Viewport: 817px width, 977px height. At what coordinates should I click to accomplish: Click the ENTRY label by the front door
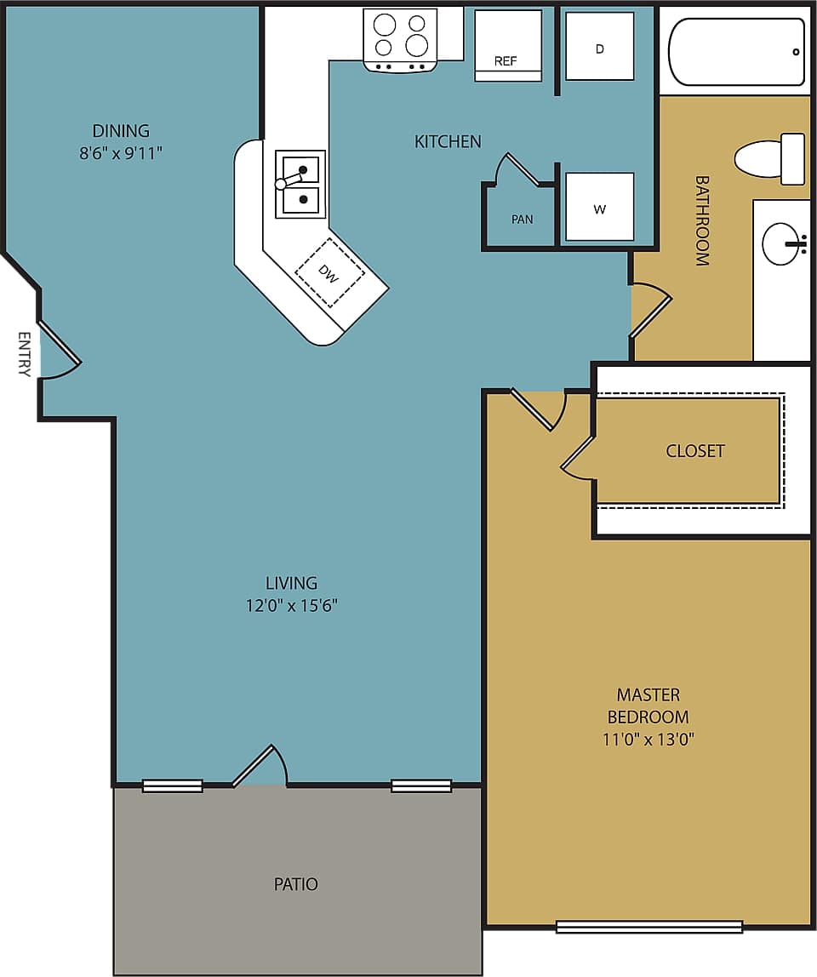pos(24,354)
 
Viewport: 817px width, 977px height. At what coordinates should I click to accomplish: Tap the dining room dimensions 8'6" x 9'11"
pos(120,154)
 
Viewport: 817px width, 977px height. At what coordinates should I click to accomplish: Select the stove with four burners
pos(400,39)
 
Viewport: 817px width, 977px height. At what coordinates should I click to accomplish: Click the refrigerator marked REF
pos(507,45)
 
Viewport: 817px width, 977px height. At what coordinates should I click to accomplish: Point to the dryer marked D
pos(599,47)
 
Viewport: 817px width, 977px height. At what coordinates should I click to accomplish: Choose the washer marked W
pos(599,207)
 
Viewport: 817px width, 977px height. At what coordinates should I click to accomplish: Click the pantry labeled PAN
pos(522,218)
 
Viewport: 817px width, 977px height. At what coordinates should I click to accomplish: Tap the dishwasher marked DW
pos(330,272)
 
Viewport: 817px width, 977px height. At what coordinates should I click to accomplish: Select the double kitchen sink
pos(300,184)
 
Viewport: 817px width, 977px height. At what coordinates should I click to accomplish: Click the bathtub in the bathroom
pos(736,52)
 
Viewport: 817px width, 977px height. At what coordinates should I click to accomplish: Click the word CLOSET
pos(694,451)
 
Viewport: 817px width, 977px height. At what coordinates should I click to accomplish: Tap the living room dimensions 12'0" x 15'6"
pos(291,606)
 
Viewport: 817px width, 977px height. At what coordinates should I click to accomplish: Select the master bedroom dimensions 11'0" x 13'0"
pos(648,739)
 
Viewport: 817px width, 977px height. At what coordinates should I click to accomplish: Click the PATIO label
pos(295,884)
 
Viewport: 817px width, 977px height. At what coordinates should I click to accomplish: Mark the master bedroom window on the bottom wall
pos(648,927)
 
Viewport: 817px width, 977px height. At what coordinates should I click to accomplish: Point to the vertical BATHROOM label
pos(702,220)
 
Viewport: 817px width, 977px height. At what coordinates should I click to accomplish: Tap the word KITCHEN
pos(448,141)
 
